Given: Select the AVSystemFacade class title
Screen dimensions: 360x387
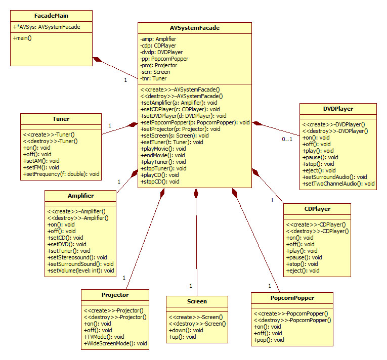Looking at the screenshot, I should click(x=195, y=28).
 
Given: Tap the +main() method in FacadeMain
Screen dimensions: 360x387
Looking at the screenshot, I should click(x=22, y=38).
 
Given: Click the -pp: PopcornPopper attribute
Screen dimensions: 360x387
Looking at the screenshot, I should click(x=164, y=59).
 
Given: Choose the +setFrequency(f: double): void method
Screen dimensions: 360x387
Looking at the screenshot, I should click(x=62, y=174).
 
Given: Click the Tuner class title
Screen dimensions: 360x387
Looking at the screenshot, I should click(x=61, y=119).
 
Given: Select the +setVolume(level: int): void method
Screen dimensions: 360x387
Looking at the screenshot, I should click(x=81, y=270).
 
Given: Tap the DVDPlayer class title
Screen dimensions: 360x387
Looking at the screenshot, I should click(x=338, y=108).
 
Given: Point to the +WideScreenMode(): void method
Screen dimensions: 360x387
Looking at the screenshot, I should click(x=115, y=343).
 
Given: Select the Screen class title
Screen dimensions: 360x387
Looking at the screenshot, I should click(x=197, y=301).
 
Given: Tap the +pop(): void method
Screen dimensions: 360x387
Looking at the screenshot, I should click(x=269, y=340).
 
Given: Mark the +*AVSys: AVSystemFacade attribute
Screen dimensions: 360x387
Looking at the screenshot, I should click(x=46, y=27).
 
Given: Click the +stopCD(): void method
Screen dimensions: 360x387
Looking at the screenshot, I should click(x=160, y=181).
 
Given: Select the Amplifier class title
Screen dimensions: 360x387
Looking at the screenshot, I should click(x=80, y=196).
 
